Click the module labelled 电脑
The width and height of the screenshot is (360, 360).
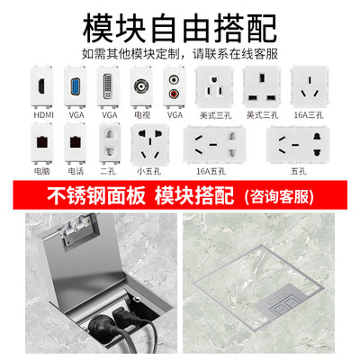42,142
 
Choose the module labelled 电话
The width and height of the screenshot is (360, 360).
76,142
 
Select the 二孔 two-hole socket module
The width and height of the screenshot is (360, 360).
108,142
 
